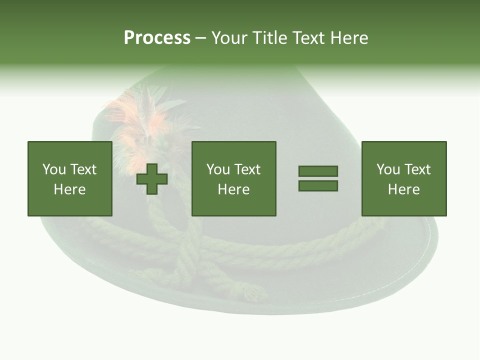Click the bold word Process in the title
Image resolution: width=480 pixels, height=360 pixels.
click(x=157, y=38)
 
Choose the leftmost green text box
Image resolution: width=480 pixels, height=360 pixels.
click(x=70, y=178)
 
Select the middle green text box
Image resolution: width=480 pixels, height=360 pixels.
click(x=234, y=178)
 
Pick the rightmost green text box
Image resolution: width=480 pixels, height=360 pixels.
click(x=404, y=178)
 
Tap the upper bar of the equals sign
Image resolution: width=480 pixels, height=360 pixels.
click(x=318, y=171)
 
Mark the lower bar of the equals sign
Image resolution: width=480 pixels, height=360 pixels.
click(x=318, y=186)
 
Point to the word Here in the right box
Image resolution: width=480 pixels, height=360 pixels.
click(x=404, y=189)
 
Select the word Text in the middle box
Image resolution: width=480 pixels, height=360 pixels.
click(x=247, y=169)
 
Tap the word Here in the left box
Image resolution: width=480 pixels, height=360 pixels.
click(x=70, y=189)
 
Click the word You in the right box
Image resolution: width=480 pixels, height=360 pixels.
click(x=388, y=169)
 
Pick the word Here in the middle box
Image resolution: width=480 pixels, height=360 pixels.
click(x=234, y=189)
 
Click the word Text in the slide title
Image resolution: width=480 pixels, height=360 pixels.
click(x=308, y=38)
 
